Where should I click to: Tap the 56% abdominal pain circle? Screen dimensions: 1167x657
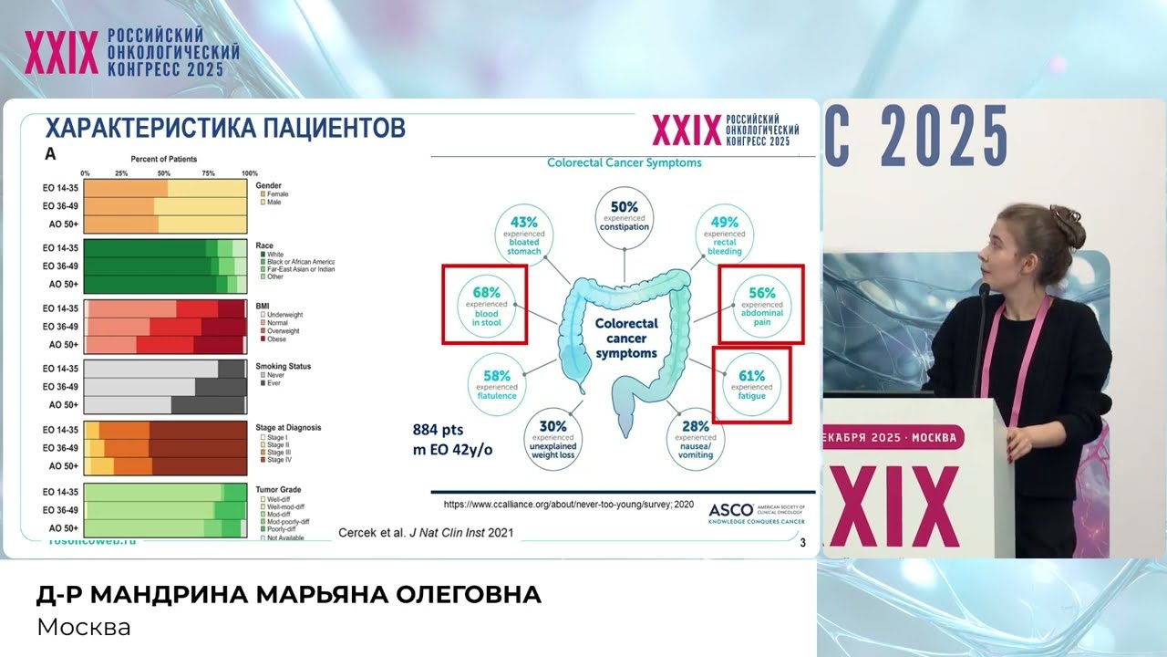(761, 305)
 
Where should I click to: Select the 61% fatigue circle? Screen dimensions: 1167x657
(751, 385)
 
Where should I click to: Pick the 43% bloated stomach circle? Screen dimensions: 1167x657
(523, 235)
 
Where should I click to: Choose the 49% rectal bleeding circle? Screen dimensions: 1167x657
(724, 235)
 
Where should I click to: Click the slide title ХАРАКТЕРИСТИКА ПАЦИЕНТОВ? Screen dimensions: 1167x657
(225, 127)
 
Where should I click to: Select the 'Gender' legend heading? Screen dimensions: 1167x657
(269, 185)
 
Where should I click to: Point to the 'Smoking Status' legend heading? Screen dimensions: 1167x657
(284, 366)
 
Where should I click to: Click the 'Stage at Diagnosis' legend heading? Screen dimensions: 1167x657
(288, 427)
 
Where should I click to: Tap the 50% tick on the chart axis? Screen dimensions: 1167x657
(164, 172)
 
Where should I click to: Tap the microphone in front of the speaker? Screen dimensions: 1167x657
(984, 291)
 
